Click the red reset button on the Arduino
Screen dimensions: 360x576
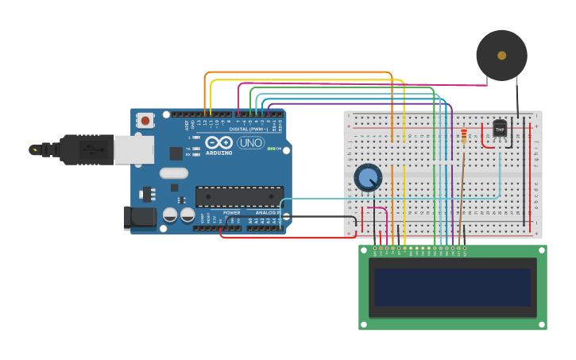coord(145,121)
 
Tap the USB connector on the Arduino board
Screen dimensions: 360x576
coord(133,149)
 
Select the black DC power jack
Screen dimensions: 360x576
coord(140,218)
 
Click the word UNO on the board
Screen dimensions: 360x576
coord(251,143)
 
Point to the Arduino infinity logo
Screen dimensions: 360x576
coord(218,142)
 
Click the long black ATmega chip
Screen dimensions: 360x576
coord(239,196)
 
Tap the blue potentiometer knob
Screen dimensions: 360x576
coord(368,178)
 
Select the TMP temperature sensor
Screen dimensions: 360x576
coord(500,128)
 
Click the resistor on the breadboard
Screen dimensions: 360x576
coord(464,137)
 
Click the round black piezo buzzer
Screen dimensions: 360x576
coord(501,55)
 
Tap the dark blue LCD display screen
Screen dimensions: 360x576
coord(452,287)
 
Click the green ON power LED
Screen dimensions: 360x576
coord(271,149)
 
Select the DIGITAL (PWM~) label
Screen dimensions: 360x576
coord(249,129)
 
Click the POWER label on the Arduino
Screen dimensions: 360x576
coord(231,213)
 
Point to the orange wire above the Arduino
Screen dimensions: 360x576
coord(298,72)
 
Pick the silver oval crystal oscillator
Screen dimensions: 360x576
coord(173,173)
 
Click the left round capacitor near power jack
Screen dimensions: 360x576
coord(170,215)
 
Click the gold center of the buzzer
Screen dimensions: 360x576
coord(501,55)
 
